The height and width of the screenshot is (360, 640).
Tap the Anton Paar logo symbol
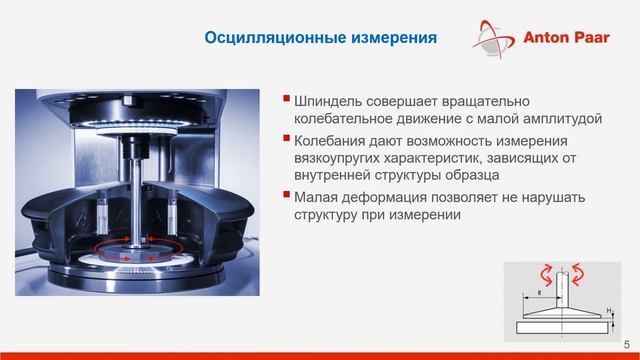(x=494, y=40)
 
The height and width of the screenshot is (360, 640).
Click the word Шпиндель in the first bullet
(x=331, y=102)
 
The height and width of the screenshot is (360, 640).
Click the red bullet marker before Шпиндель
(x=288, y=100)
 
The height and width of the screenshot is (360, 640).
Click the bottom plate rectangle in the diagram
(x=563, y=327)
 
